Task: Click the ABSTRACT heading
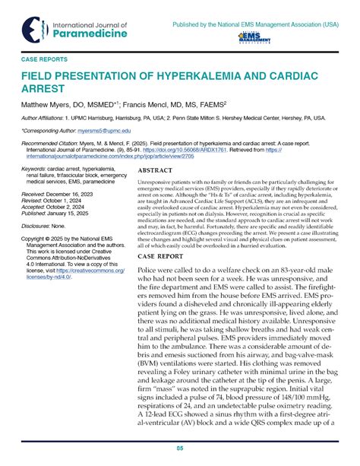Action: pyautogui.click(x=156, y=173)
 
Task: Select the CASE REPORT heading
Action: pyautogui.click(x=160, y=257)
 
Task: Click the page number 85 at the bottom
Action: pyautogui.click(x=180, y=449)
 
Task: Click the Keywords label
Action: pyautogui.click(x=34, y=167)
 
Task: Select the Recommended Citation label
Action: pyautogui.click(x=51, y=144)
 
